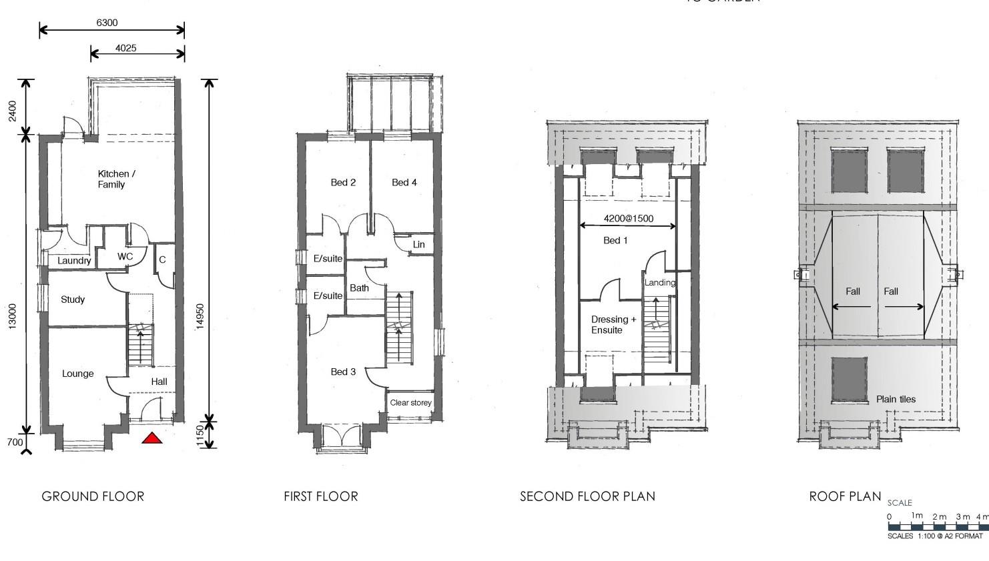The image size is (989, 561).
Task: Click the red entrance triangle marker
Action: point(152,438)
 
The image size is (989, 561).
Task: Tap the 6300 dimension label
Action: point(107,23)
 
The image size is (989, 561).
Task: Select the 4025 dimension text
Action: point(125,48)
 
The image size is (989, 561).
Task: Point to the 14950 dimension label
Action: point(200,316)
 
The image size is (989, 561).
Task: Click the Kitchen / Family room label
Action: point(116,179)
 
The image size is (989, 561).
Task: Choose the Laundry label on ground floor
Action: point(74,261)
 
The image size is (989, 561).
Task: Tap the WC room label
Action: point(125,256)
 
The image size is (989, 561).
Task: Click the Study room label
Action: point(73,300)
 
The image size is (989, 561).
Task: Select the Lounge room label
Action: point(78,374)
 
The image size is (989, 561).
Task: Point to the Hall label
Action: point(159,382)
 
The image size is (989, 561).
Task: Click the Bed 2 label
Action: point(343,182)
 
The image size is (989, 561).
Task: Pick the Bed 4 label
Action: point(404,182)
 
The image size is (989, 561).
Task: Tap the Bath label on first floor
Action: point(359,288)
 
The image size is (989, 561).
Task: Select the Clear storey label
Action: point(410,403)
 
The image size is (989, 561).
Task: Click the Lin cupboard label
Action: point(418,244)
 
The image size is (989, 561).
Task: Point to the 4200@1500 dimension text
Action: point(629,218)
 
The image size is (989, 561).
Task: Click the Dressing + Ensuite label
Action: point(613,325)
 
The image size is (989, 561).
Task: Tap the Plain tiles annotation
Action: point(896,399)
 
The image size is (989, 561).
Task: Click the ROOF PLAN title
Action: point(845,496)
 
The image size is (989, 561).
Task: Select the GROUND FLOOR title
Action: point(93,496)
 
